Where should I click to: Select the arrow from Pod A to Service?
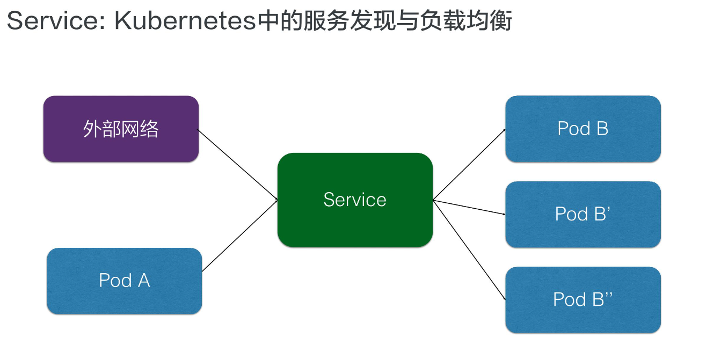click(239, 236)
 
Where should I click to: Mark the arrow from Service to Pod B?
click(469, 164)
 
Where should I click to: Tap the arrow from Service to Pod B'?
click(469, 207)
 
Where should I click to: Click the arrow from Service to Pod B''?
click(469, 249)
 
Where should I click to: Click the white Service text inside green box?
click(355, 200)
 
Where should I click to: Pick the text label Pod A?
click(124, 281)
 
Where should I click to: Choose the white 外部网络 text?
click(121, 129)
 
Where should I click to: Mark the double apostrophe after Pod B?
click(609, 293)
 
